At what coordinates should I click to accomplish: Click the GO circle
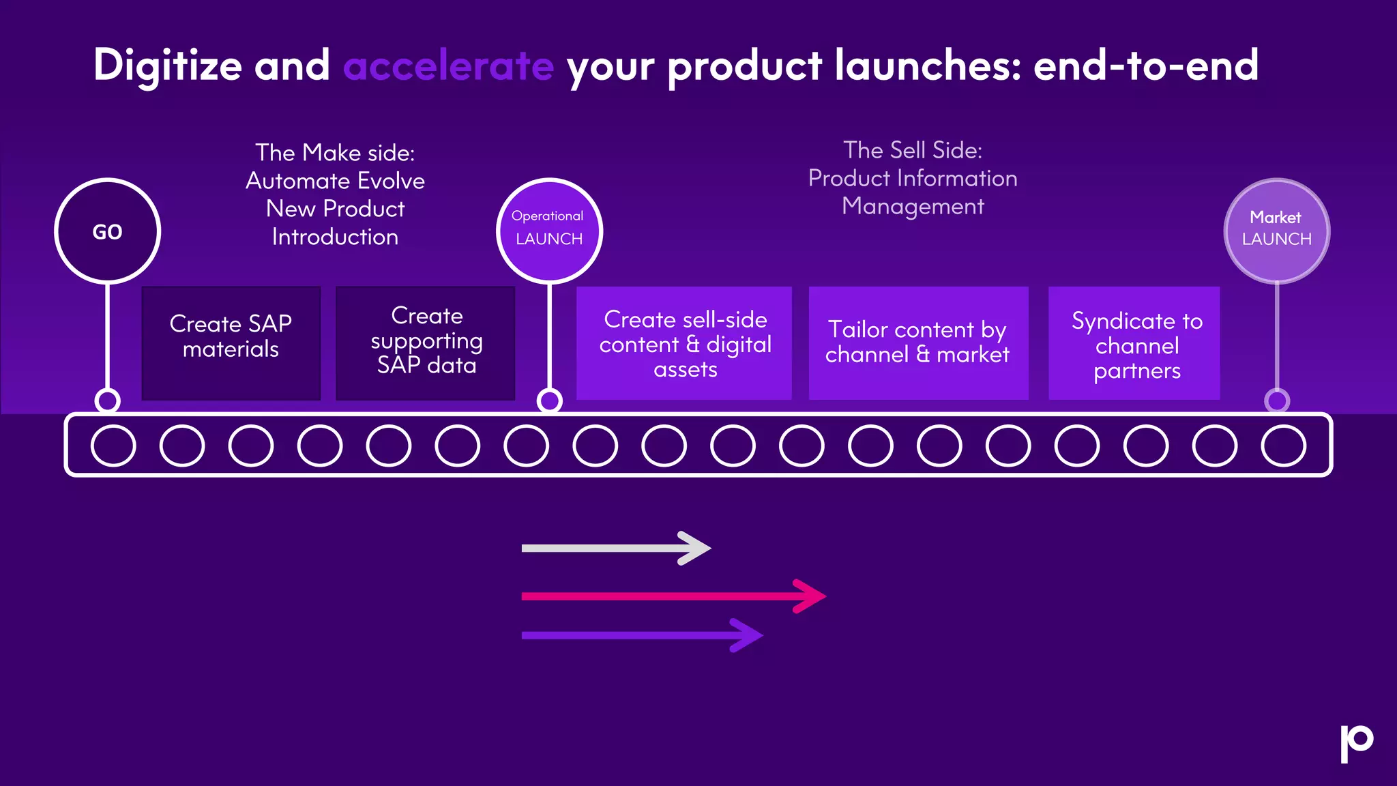click(x=107, y=231)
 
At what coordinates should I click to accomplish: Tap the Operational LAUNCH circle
click(x=549, y=231)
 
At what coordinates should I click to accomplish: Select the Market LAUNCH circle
click(x=1277, y=231)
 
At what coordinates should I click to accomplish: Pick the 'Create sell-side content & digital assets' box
click(x=684, y=343)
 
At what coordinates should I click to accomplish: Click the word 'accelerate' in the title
click(x=448, y=66)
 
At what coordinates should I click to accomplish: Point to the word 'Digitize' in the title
click(x=168, y=66)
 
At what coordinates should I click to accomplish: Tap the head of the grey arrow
click(x=698, y=548)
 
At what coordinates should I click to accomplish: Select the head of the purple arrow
click(x=750, y=635)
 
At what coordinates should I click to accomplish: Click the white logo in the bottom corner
click(x=1356, y=742)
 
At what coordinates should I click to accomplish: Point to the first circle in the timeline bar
click(x=113, y=446)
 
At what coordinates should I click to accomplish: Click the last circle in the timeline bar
click(x=1283, y=446)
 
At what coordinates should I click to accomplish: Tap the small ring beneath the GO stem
click(x=107, y=401)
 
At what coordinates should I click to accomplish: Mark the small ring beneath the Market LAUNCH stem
click(x=1277, y=401)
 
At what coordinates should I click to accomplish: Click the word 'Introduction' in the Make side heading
click(x=335, y=237)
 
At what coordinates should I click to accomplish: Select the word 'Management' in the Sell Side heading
click(x=913, y=206)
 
